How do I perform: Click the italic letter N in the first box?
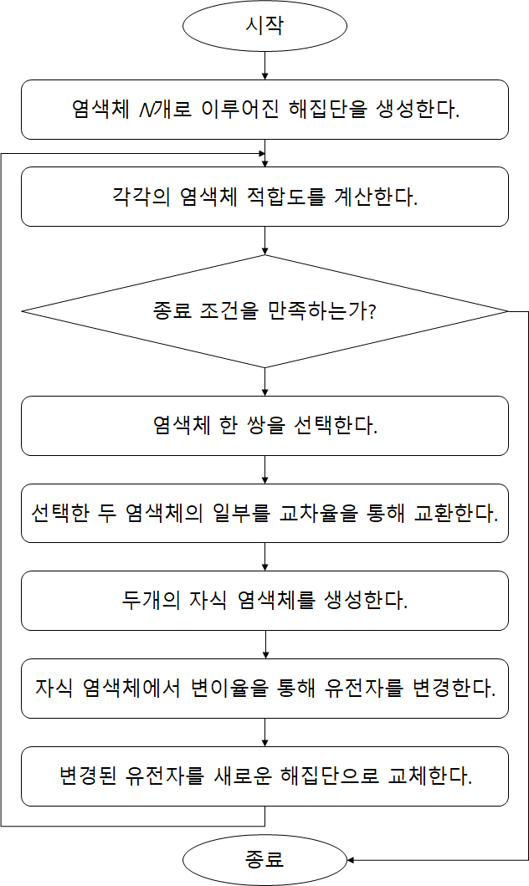pyautogui.click(x=146, y=110)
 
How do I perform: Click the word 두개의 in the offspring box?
pyautogui.click(x=151, y=600)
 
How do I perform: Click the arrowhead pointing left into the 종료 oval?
pyautogui.click(x=351, y=860)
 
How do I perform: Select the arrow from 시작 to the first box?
pyautogui.click(x=264, y=65)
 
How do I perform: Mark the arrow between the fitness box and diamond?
pyautogui.click(x=264, y=241)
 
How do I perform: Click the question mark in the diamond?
pyautogui.click(x=372, y=310)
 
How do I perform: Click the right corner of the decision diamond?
pyautogui.click(x=508, y=311)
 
